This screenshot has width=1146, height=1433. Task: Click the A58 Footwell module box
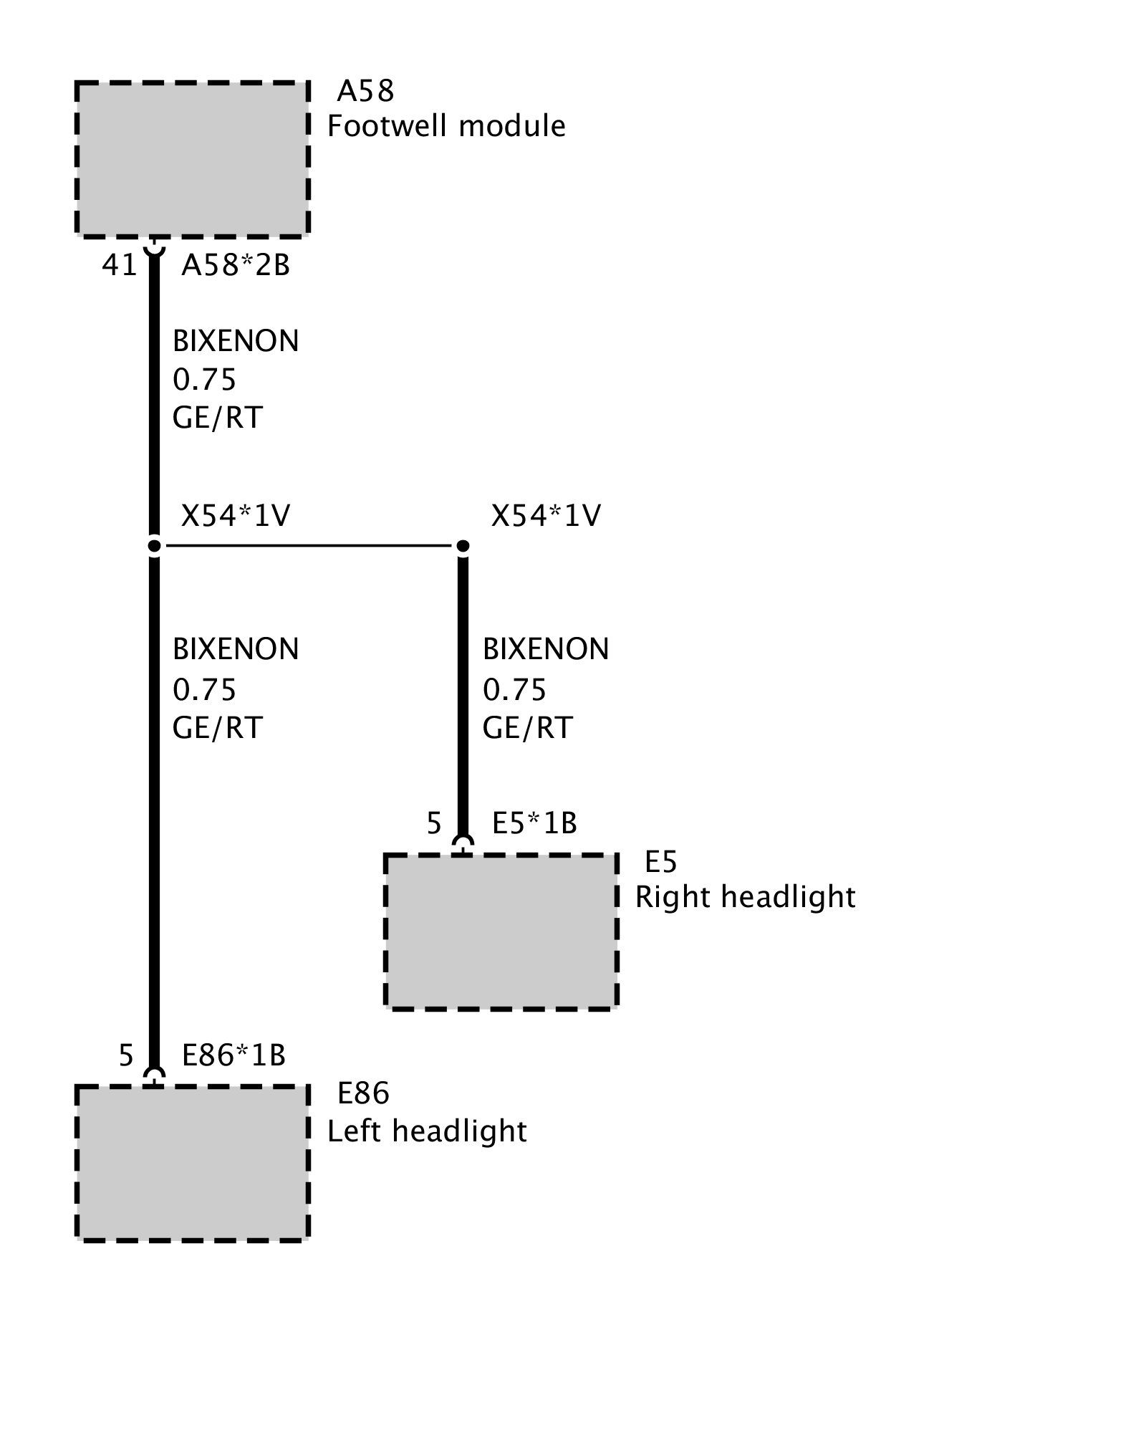tap(192, 158)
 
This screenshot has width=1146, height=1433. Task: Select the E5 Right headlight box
tap(501, 931)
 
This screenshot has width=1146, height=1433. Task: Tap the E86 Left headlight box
tap(192, 1163)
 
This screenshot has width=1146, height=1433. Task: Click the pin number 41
tap(119, 265)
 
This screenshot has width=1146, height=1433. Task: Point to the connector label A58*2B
tap(236, 265)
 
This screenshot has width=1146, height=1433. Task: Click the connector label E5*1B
tap(534, 823)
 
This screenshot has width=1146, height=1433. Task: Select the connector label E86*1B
tap(233, 1055)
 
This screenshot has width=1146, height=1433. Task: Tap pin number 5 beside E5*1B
tap(434, 823)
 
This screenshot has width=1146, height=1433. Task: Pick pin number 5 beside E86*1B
tap(126, 1055)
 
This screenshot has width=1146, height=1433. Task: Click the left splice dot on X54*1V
tap(154, 547)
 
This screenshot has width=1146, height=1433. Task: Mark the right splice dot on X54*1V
tap(463, 547)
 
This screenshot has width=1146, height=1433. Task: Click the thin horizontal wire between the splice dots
tap(308, 547)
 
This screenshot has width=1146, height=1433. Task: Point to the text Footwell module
tap(446, 126)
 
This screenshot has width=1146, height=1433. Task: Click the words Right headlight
tap(745, 897)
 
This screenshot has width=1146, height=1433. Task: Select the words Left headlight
tap(427, 1131)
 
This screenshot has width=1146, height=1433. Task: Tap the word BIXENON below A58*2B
tap(236, 341)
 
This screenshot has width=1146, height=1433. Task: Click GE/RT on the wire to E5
tap(527, 728)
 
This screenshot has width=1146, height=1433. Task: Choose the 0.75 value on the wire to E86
tap(204, 689)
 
